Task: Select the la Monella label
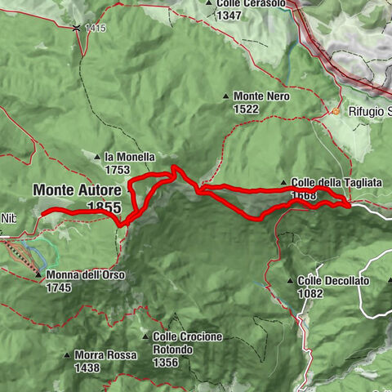click(x=118, y=157)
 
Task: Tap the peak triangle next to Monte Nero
click(x=226, y=96)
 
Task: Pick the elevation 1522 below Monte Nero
click(x=245, y=109)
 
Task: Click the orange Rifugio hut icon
click(x=335, y=111)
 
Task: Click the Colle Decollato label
click(x=333, y=281)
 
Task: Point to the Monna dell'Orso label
click(x=86, y=275)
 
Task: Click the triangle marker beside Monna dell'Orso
click(x=38, y=275)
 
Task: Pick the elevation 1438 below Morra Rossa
click(x=87, y=367)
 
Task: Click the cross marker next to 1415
click(x=76, y=28)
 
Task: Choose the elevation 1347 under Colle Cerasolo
click(x=229, y=16)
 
